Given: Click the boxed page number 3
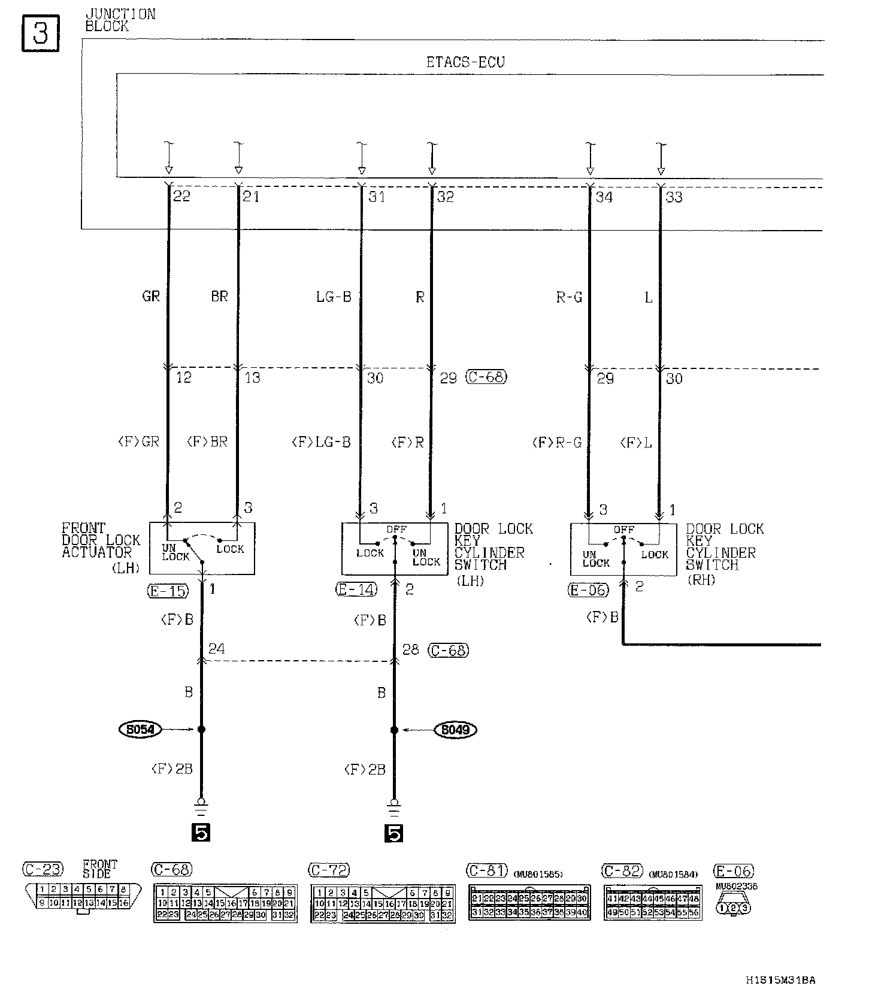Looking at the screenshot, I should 40,34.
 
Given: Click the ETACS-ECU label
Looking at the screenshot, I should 465,62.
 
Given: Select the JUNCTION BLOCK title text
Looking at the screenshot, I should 120,20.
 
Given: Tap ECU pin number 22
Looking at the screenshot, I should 181,196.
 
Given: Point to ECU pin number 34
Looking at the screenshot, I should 604,197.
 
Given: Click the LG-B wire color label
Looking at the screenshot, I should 333,297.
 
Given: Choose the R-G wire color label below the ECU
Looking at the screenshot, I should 568,297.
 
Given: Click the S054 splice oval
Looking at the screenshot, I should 141,729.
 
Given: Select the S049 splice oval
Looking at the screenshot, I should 455,730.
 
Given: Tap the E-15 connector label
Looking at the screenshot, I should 168,591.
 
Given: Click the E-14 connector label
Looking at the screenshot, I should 356,589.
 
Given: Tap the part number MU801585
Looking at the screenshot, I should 538,874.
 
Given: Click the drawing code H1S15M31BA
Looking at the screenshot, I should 780,980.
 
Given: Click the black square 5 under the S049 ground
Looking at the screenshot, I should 394,833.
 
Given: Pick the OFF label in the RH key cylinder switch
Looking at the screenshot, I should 623,530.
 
